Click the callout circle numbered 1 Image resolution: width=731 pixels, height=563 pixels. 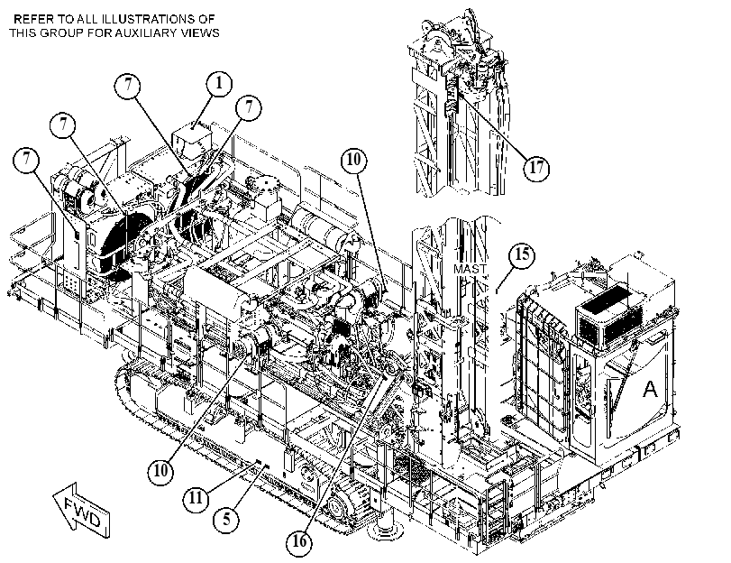219,84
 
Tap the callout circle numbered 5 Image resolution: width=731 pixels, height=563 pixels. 226,519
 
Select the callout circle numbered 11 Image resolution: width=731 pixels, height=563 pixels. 196,498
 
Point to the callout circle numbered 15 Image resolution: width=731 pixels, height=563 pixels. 522,255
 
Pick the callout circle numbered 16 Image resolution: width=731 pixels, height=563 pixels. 299,542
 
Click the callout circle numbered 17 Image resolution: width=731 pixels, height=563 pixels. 536,168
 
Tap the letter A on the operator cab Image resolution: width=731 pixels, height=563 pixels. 650,389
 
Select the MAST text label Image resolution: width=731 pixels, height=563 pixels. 470,269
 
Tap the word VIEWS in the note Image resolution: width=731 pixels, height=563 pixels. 203,32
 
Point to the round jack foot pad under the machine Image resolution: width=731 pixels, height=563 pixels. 386,531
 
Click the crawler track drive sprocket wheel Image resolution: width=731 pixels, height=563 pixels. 335,506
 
